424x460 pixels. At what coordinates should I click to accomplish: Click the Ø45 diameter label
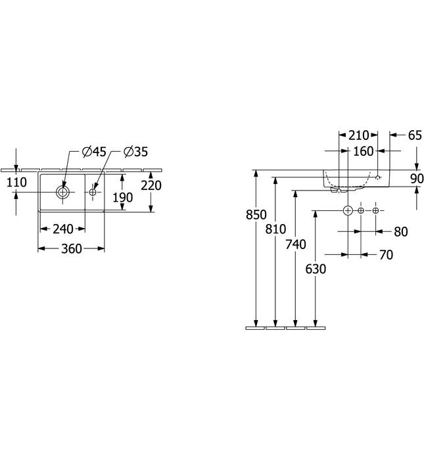94,152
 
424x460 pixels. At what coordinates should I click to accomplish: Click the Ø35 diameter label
135,152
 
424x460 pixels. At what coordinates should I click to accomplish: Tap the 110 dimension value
16,183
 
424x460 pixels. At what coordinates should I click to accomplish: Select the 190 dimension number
123,197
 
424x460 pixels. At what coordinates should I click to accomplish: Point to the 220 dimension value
151,186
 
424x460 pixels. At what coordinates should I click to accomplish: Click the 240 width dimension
62,229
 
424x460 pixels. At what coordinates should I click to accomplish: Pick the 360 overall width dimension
71,249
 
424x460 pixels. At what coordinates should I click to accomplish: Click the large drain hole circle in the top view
63,193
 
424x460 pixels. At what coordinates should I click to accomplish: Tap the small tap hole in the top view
93,193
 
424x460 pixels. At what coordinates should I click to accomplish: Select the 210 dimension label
358,136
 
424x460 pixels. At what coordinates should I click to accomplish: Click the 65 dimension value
414,136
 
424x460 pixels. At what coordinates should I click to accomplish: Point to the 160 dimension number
363,151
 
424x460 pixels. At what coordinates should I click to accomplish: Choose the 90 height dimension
415,178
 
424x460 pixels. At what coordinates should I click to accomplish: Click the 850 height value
257,214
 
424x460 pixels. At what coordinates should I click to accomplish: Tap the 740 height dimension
296,244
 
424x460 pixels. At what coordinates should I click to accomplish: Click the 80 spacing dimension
400,231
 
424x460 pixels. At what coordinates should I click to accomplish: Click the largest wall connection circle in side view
348,210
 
